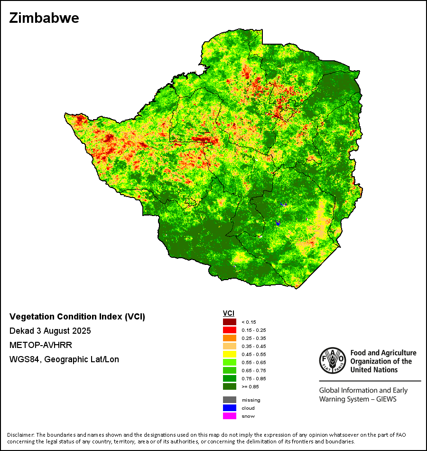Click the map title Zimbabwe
44,19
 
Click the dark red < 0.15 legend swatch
230,322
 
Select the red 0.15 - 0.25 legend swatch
230,330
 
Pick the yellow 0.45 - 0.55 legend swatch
230,354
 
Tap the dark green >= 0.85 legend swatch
230,386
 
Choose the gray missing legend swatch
230,400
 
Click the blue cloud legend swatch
230,408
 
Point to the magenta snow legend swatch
230,416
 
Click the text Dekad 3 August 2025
50,331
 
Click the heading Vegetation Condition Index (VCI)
77,317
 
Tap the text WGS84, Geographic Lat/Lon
64,359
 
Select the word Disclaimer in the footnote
20,435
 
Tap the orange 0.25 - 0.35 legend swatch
230,338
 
